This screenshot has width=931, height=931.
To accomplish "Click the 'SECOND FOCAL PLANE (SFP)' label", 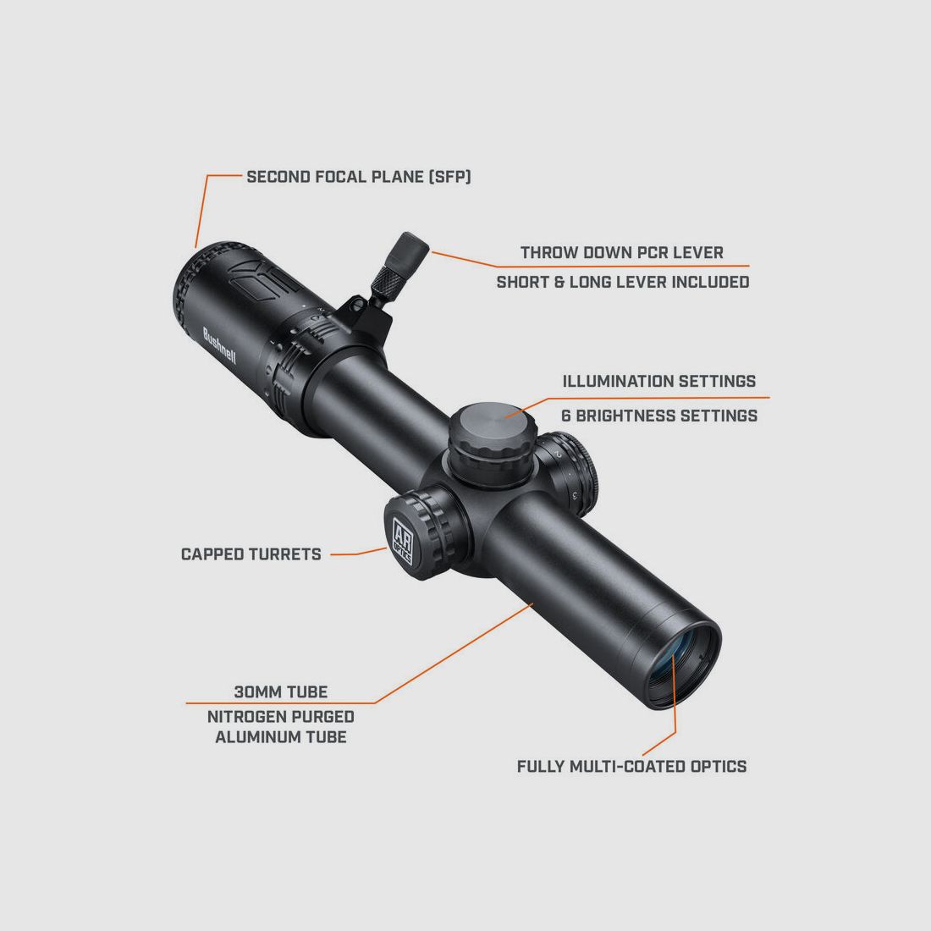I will [358, 177].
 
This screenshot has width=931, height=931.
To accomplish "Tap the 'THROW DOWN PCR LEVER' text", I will [621, 252].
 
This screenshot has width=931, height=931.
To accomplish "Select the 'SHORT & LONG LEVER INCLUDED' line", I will [622, 282].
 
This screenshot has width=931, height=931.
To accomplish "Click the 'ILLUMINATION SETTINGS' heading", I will [658, 381].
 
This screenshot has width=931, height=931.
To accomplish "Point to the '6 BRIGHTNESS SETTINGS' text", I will [658, 416].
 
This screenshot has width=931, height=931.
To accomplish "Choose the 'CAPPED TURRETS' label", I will [251, 554].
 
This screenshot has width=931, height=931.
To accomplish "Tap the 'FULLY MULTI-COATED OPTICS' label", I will [631, 766].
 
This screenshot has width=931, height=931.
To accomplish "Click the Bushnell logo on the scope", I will [219, 346].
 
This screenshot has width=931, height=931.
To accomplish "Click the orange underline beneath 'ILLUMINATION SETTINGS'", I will [643, 397].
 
